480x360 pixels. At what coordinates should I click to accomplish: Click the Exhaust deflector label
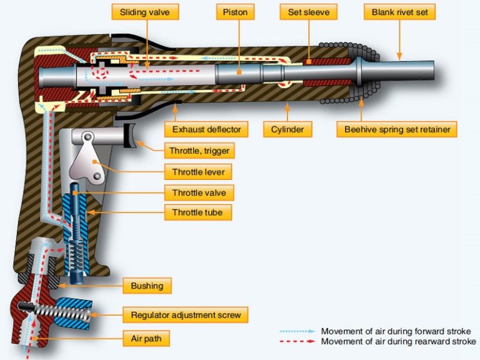pos(206,130)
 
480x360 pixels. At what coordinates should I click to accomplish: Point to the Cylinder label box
pos(287,130)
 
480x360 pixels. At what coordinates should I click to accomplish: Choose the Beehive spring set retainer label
pos(397,130)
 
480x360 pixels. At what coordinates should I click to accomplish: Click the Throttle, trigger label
pos(199,151)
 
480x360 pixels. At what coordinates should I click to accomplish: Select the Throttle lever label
pos(199,172)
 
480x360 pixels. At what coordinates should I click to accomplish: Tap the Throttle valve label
pos(199,192)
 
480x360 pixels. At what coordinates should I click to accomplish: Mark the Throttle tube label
pos(197,213)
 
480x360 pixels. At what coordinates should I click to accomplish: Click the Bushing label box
pos(147,286)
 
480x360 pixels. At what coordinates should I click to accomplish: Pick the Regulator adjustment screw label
pos(185,314)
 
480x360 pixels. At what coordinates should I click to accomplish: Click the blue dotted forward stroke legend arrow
pos(294,331)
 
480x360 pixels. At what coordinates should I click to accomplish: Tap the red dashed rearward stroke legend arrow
pos(294,341)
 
